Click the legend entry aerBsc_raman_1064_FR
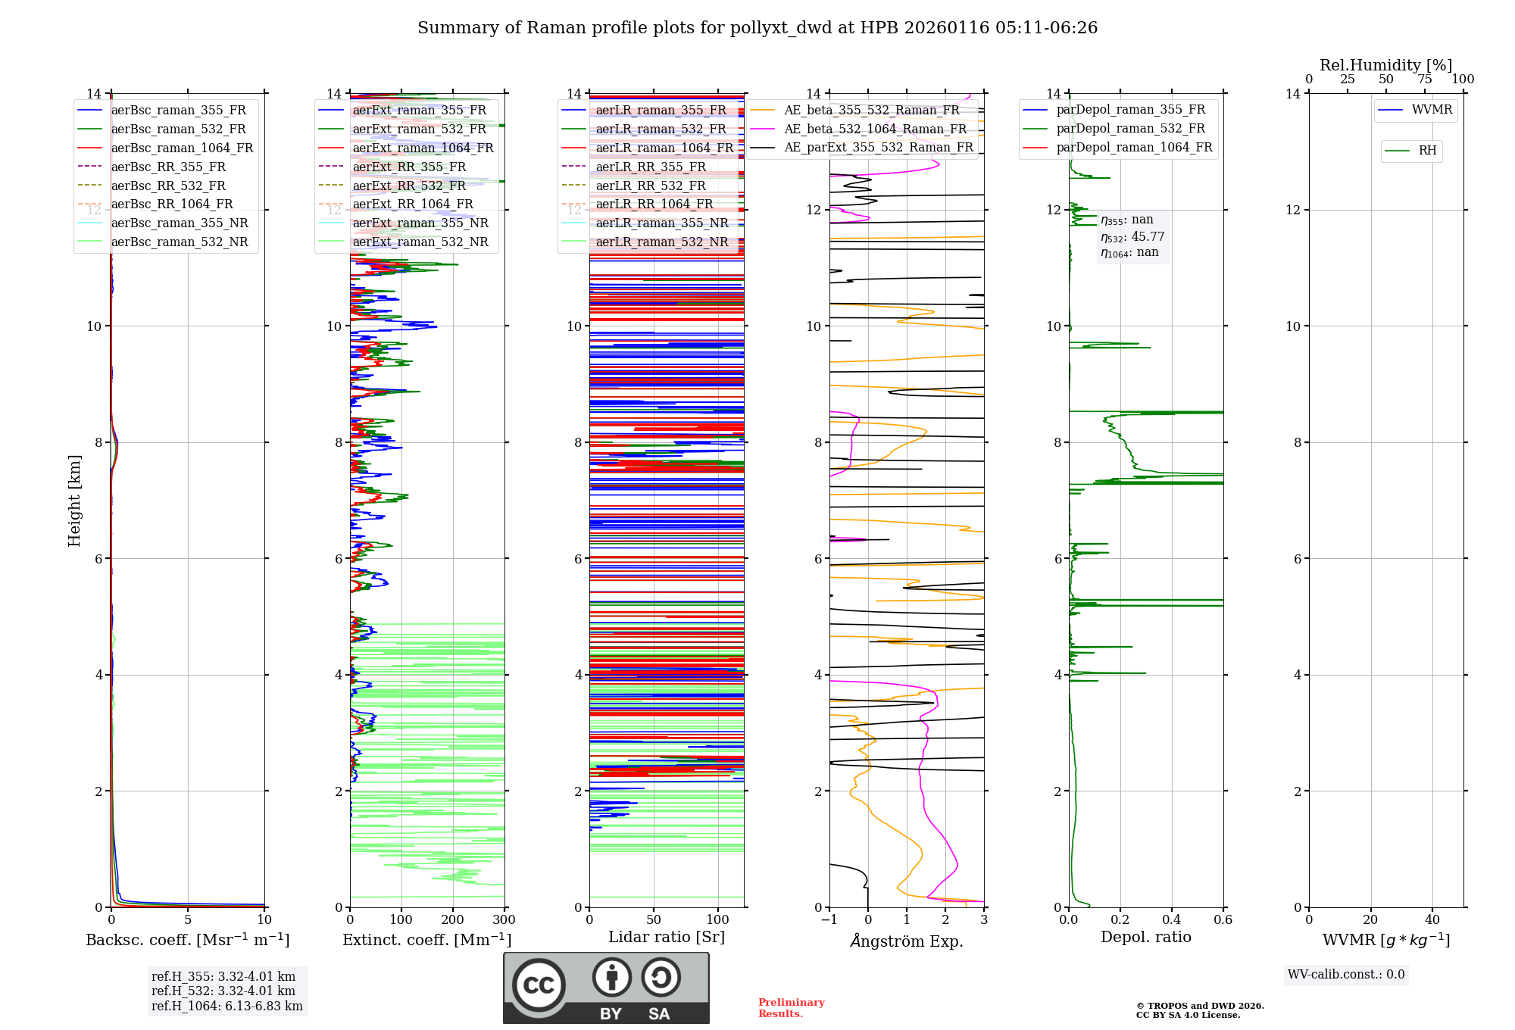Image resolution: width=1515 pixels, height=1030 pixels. coord(182,148)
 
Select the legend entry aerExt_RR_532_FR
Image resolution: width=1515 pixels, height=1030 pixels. coord(409,186)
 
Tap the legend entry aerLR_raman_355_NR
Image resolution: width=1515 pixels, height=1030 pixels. coord(661,223)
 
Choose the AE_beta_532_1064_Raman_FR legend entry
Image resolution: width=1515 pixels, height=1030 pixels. coord(875,129)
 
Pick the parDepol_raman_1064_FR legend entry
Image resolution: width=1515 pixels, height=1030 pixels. coord(1134,147)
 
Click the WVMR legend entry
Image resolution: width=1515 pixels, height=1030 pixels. coord(1432,110)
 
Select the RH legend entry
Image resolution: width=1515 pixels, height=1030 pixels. coord(1427,151)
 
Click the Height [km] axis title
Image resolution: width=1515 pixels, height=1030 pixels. coord(74,500)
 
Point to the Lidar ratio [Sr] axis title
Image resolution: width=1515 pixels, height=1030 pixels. coord(667,937)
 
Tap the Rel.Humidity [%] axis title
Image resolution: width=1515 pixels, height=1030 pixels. coord(1385,65)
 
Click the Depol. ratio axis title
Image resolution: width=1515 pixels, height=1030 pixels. coord(1145,937)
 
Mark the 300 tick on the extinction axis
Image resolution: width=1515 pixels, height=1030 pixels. coord(504,920)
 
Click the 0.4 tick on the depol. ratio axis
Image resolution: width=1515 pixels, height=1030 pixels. coord(1171,920)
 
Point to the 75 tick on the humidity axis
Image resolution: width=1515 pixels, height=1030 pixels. coord(1424,80)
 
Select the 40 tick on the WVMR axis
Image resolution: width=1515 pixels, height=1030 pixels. coord(1432,920)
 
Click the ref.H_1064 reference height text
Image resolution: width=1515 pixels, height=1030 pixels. coord(226,1006)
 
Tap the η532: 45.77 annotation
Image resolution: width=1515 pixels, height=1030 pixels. coord(1132,236)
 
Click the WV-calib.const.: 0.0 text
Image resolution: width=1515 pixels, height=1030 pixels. coord(1346,975)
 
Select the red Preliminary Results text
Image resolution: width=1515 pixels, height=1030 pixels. coord(791,1008)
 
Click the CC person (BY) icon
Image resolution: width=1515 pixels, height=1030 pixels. coord(611,978)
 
